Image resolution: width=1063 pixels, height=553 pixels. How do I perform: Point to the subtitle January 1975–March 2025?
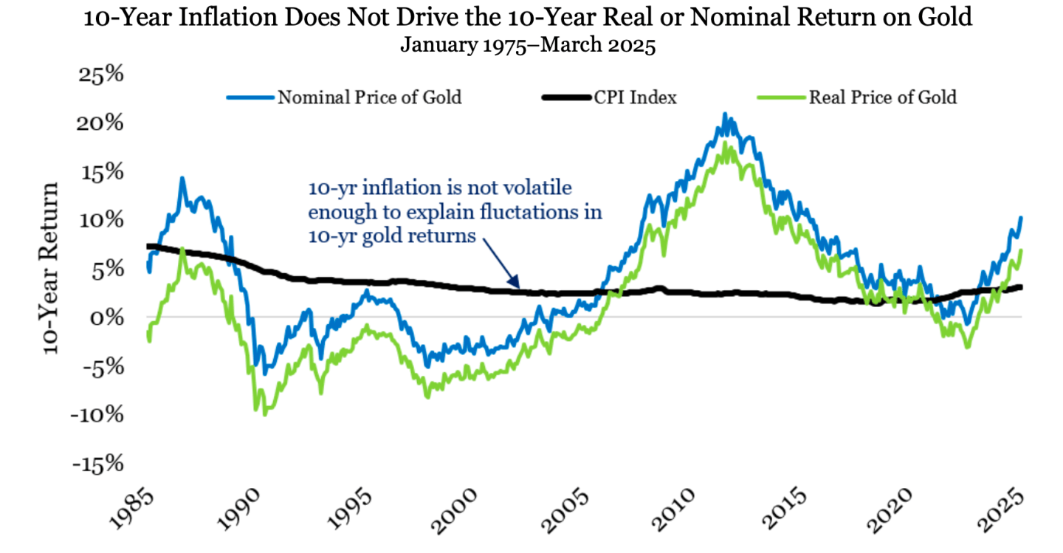528,45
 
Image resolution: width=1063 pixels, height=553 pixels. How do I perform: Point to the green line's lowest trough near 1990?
264,413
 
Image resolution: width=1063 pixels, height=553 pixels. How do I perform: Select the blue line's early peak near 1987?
182,178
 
